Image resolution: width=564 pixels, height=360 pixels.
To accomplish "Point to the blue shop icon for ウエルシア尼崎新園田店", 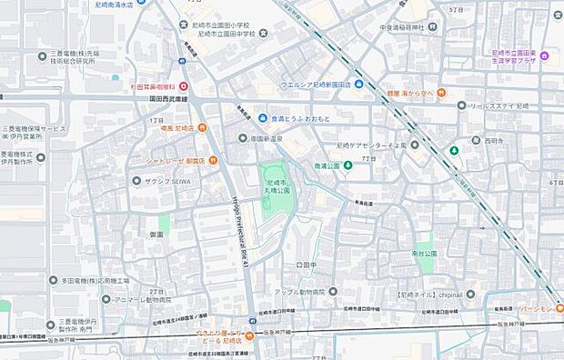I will [358, 85].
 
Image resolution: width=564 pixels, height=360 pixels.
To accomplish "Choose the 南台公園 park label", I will [424, 254].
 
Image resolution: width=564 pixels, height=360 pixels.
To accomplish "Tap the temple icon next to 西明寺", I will [475, 141].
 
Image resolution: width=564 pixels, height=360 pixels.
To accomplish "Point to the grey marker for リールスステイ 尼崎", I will [462, 105].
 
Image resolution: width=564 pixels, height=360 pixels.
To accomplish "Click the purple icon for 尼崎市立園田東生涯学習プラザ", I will [543, 56].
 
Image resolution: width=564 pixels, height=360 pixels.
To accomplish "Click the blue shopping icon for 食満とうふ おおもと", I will [262, 118].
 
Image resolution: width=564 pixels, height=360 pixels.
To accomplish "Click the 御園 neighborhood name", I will [156, 235].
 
